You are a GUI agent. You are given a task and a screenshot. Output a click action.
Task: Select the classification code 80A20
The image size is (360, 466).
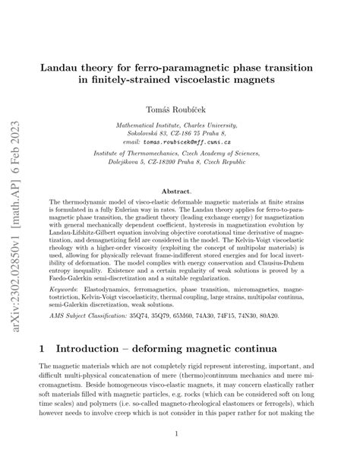coord(302,314)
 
